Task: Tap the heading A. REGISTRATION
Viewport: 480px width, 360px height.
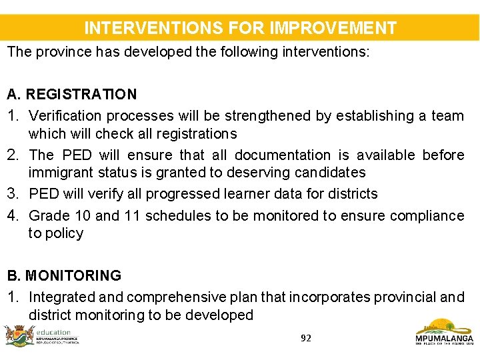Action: click(72, 94)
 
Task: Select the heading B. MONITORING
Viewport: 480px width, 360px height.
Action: click(64, 275)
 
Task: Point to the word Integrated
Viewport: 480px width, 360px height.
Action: click(63, 297)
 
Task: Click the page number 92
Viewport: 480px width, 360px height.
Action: click(305, 338)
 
